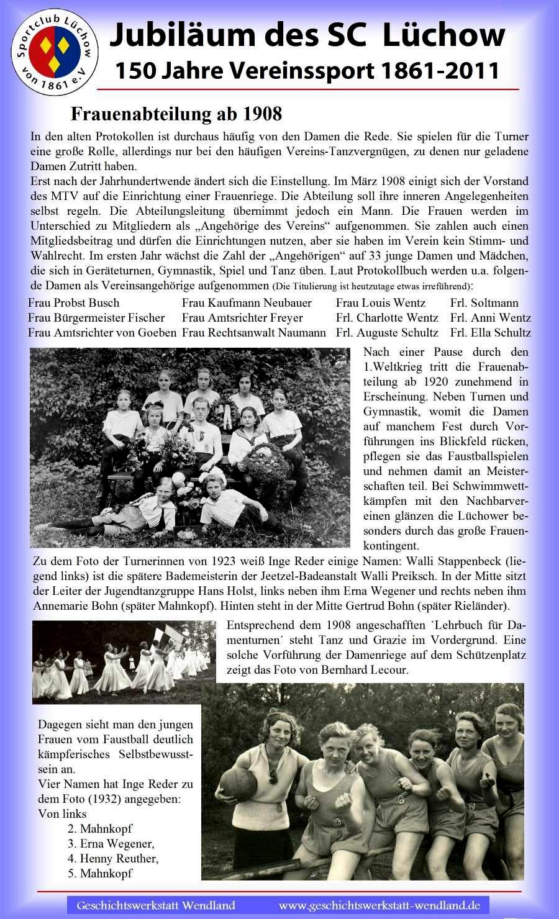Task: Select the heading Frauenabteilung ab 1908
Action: pyautogui.click(x=176, y=114)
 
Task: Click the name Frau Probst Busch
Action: pyautogui.click(x=74, y=303)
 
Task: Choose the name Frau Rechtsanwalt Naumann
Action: pyautogui.click(x=253, y=333)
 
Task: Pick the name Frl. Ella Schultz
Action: pyautogui.click(x=491, y=333)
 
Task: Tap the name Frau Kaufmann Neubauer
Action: pyautogui.click(x=247, y=303)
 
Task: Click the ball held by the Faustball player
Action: pyautogui.click(x=238, y=785)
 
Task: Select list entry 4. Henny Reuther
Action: pyautogui.click(x=113, y=859)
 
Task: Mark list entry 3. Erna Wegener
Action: pyautogui.click(x=111, y=844)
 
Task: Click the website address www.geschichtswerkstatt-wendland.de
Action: pyautogui.click(x=379, y=905)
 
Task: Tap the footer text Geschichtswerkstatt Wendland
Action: pyautogui.click(x=156, y=905)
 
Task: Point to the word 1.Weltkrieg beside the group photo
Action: pyautogui.click(x=395, y=367)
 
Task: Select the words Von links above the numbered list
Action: pyautogui.click(x=62, y=814)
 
